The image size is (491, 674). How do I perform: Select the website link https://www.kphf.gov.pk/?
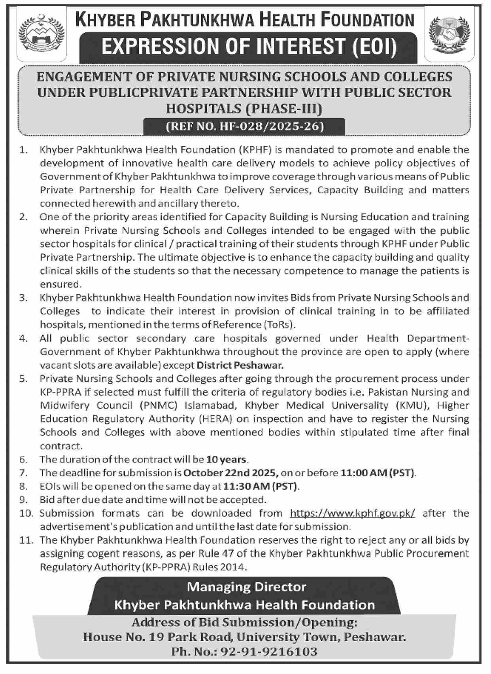[x=353, y=513]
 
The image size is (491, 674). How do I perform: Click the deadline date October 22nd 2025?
[x=231, y=473]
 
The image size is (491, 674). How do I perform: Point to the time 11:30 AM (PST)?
[x=261, y=486]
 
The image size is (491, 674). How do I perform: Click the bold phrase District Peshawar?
[x=240, y=365]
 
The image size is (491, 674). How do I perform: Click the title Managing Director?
[x=246, y=587]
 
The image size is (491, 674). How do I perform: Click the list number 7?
[x=23, y=473]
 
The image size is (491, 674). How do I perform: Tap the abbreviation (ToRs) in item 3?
[x=279, y=325]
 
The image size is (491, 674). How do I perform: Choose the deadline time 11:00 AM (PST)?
[x=378, y=473]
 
